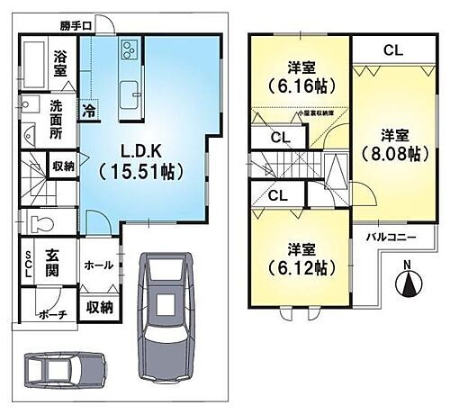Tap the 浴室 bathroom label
tap(61, 61)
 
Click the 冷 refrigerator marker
tap(90, 112)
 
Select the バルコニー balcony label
tap(391, 238)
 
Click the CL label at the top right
tap(391, 49)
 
